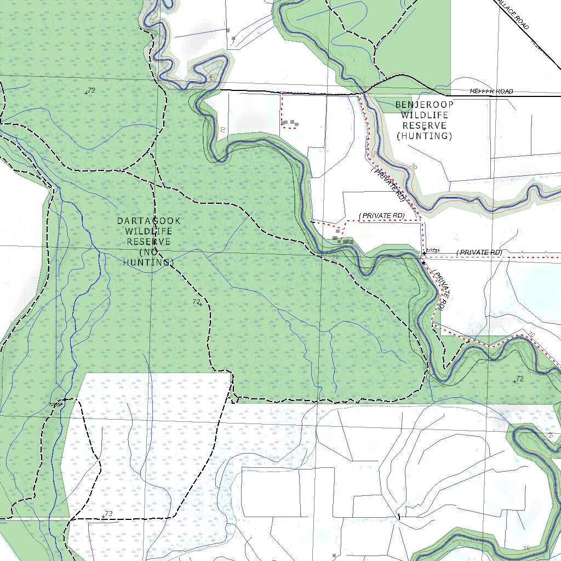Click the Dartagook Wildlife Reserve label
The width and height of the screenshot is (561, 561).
[148, 242]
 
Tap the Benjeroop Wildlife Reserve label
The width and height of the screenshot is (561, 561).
[425, 120]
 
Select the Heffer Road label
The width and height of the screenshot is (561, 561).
[491, 91]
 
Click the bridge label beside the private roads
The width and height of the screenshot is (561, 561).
[433, 250]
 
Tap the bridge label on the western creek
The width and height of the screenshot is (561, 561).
[56, 404]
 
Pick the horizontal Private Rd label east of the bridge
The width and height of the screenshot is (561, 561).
[480, 253]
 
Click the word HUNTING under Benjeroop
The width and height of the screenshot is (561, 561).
[425, 136]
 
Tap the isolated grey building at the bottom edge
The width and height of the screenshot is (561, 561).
[334, 556]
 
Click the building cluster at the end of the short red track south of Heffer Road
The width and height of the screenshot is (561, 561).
[290, 123]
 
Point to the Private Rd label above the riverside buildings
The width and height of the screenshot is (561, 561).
[382, 216]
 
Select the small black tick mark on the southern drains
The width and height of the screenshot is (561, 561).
[399, 516]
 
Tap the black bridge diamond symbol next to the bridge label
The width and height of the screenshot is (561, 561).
[423, 263]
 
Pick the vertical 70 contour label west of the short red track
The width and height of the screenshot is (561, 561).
[223, 130]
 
